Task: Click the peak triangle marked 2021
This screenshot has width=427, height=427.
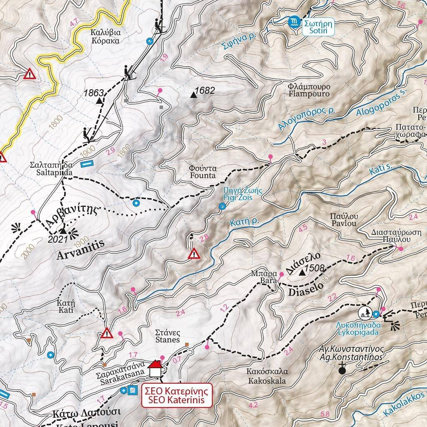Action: [63, 230]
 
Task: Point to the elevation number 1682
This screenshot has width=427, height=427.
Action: [204, 90]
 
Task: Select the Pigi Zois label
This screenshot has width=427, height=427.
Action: [238, 194]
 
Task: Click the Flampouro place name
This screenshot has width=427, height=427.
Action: [309, 90]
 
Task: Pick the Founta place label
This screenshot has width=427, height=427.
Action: [202, 172]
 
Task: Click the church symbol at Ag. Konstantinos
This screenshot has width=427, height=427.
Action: [342, 369]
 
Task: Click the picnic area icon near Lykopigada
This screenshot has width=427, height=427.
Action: [365, 312]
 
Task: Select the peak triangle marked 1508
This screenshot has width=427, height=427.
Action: [302, 273]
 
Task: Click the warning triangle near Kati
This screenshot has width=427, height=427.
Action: [107, 333]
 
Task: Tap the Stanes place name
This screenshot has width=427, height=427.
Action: [167, 336]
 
